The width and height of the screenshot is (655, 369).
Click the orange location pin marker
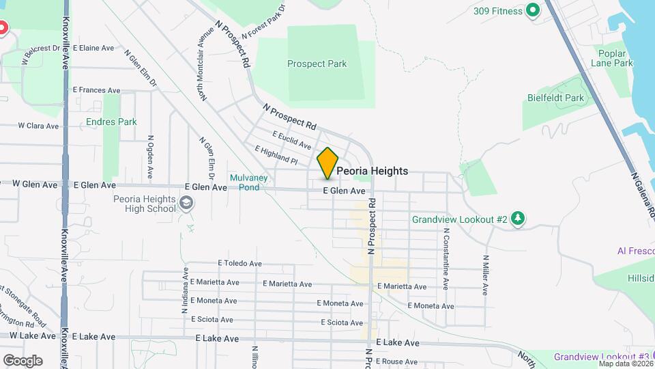[x=328, y=163]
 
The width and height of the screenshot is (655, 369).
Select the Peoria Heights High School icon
[x=186, y=203]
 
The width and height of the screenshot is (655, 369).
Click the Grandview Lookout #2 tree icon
[x=519, y=219]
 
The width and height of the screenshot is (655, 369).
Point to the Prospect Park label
[x=317, y=64]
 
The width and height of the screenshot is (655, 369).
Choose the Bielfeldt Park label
[x=555, y=98]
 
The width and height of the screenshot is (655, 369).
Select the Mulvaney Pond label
[x=244, y=182]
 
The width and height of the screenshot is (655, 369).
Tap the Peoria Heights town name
[x=373, y=171]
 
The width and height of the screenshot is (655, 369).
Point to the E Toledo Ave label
[x=239, y=263]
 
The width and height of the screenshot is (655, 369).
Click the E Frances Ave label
[x=96, y=90]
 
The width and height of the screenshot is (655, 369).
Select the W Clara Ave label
[x=40, y=126]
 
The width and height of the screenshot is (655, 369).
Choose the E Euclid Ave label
[x=291, y=140]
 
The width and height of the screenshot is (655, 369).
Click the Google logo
[x=23, y=360]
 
